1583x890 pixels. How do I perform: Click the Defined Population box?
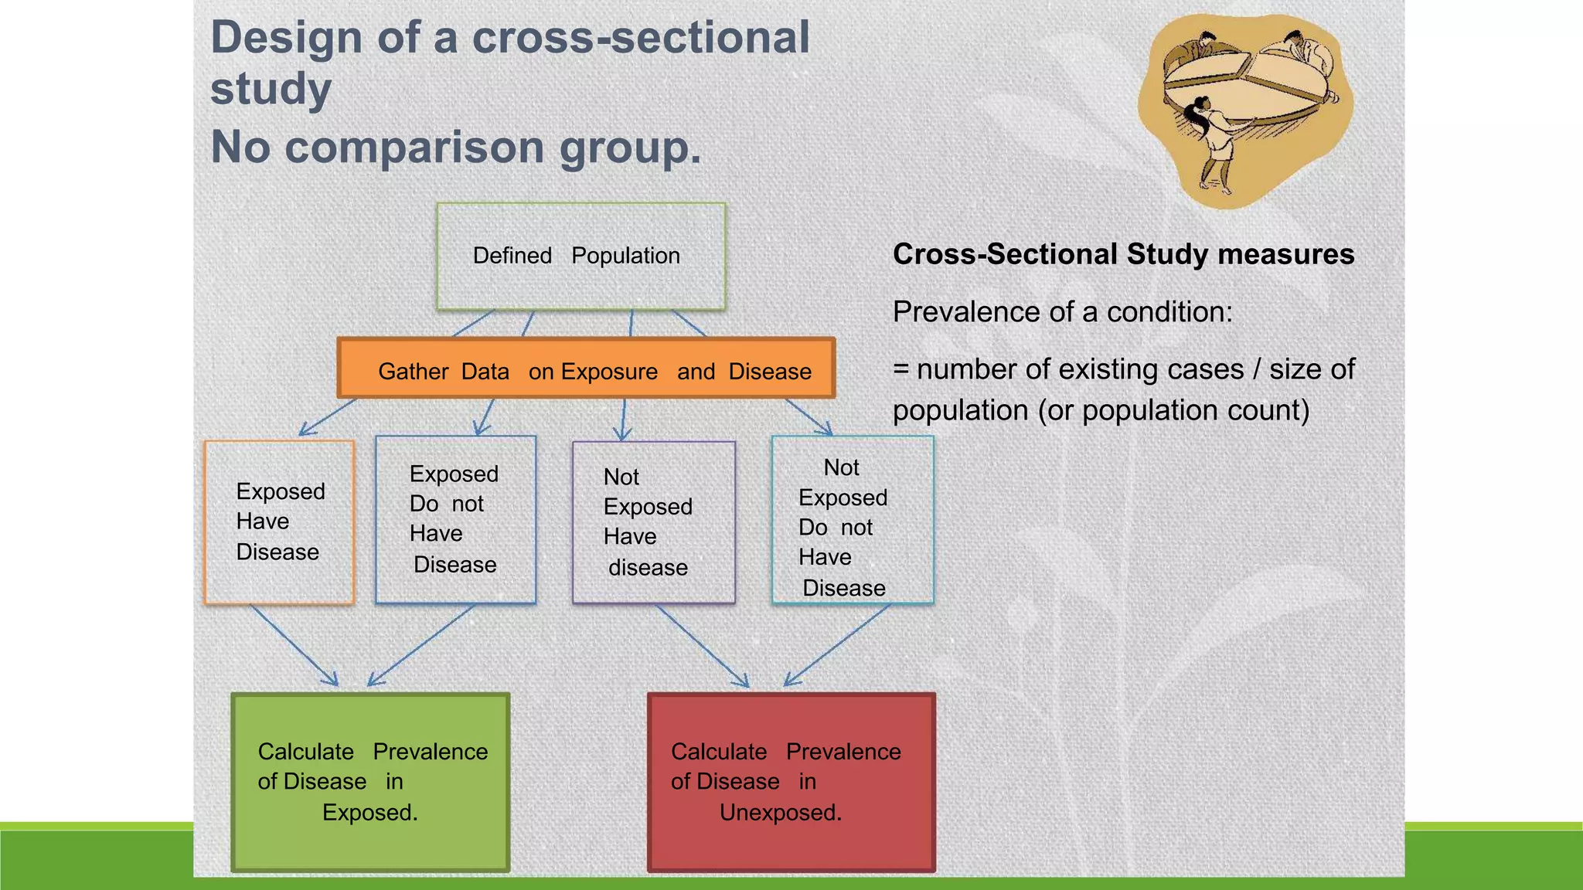pos(580,256)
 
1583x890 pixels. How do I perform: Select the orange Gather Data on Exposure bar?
pos(586,369)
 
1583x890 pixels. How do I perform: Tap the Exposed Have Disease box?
pos(279,522)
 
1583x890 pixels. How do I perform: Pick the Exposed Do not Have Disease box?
pos(455,519)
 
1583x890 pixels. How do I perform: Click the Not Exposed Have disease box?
pos(653,522)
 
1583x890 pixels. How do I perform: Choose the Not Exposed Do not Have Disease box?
pos(853,520)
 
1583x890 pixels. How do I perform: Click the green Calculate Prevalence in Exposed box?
pos(370,782)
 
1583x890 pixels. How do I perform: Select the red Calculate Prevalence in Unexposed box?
pos(791,782)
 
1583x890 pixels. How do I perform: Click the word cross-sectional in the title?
pos(640,37)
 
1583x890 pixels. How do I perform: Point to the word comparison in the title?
pos(414,147)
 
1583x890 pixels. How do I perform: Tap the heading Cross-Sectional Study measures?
pos(1123,254)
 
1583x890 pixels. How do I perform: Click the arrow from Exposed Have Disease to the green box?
pos(294,646)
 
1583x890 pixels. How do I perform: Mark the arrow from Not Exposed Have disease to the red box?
pos(702,646)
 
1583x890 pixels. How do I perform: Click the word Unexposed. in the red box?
pos(780,813)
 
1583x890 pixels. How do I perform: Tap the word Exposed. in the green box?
pos(369,813)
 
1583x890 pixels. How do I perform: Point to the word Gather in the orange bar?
pos(413,372)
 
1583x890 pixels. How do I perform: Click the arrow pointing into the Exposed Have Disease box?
pos(326,417)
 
